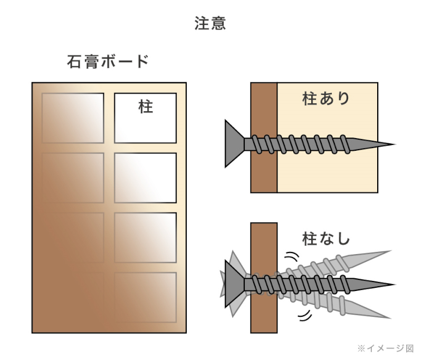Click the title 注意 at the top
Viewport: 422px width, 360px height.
[210, 24]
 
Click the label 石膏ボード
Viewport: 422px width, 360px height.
[108, 62]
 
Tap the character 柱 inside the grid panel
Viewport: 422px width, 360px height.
[146, 107]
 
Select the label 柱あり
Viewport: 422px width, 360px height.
[326, 99]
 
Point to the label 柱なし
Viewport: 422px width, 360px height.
[326, 239]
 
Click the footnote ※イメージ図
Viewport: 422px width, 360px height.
[386, 348]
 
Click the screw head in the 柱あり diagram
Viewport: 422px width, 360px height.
[234, 144]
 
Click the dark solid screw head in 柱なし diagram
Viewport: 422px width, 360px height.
[234, 284]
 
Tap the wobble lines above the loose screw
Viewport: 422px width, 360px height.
[292, 256]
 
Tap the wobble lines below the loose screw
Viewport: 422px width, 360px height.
[305, 316]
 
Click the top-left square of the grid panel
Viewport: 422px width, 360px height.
[73, 118]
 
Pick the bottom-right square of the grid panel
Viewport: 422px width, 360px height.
[146, 297]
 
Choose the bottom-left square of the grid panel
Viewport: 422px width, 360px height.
[73, 297]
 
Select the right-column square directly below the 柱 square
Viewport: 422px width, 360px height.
[146, 178]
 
